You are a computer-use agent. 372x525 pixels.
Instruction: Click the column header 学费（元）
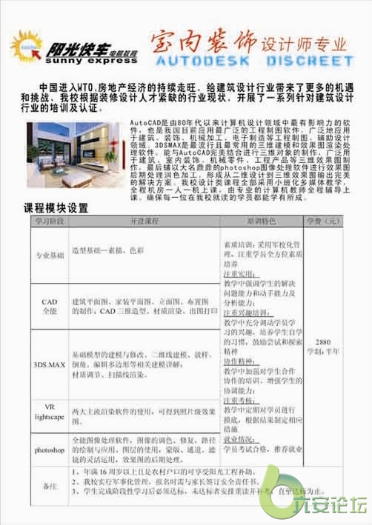(x=322, y=221)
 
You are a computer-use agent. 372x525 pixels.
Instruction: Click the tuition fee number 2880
(x=322, y=343)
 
